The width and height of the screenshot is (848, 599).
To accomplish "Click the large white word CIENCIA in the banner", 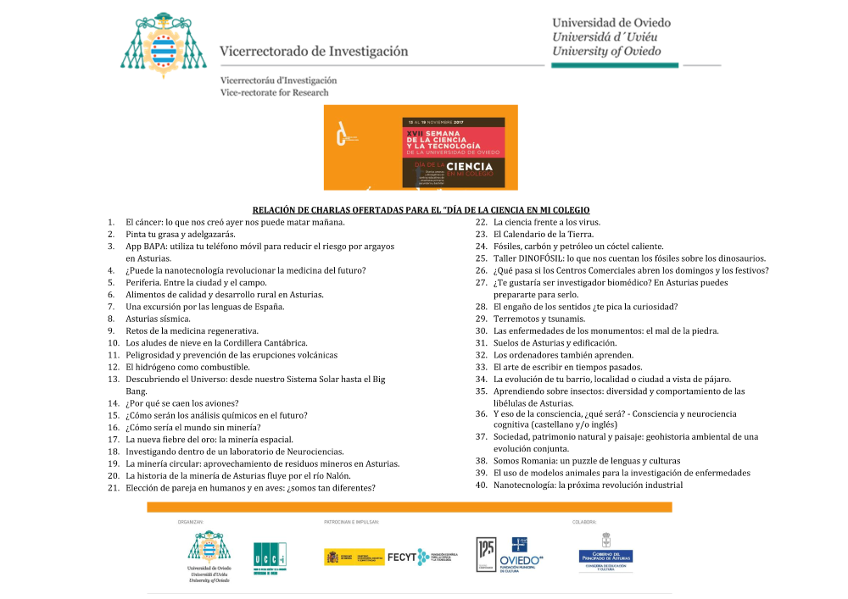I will click(475, 167).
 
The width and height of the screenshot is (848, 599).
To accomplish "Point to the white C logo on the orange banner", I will click(341, 135).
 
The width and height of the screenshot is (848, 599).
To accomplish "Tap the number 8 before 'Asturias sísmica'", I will click(110, 319).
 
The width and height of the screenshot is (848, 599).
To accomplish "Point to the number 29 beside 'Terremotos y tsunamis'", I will click(481, 319).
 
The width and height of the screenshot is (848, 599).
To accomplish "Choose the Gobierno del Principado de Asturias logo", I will click(605, 557).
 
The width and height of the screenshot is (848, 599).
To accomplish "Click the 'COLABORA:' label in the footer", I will click(585, 522).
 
